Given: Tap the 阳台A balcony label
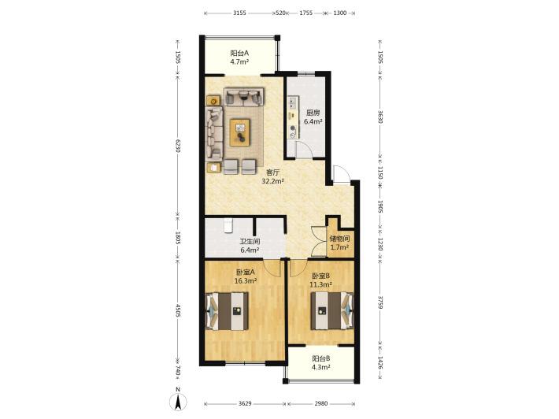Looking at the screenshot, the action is [x=239, y=54].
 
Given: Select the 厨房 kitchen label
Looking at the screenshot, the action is [x=313, y=113].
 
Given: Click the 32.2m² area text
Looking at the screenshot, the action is [x=272, y=181].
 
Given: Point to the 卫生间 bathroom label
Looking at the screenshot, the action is [x=250, y=242].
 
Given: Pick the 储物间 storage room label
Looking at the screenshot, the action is [x=339, y=239].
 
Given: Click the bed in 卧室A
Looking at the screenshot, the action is [x=228, y=311].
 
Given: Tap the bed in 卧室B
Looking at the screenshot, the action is [x=332, y=311].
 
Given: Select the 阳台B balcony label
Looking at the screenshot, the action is [x=321, y=358].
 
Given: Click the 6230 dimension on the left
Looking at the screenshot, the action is [x=178, y=145].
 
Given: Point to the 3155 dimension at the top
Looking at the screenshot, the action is [x=239, y=13].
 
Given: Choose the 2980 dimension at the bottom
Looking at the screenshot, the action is [x=321, y=404].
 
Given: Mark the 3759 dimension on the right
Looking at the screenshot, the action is [x=380, y=302].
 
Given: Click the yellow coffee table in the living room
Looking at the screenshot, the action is [x=240, y=132].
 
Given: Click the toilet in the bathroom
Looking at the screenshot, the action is [x=228, y=225].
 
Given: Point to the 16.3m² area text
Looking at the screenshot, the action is [x=246, y=280].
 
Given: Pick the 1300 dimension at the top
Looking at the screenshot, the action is [x=340, y=13].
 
